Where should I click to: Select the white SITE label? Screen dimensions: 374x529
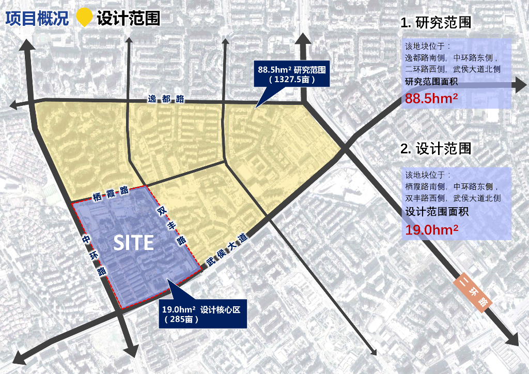pos(133,243)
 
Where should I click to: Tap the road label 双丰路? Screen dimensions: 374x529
pos(172,226)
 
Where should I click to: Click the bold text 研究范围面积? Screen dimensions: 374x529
pos(431,82)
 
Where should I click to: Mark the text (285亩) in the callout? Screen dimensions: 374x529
pos(182,319)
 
